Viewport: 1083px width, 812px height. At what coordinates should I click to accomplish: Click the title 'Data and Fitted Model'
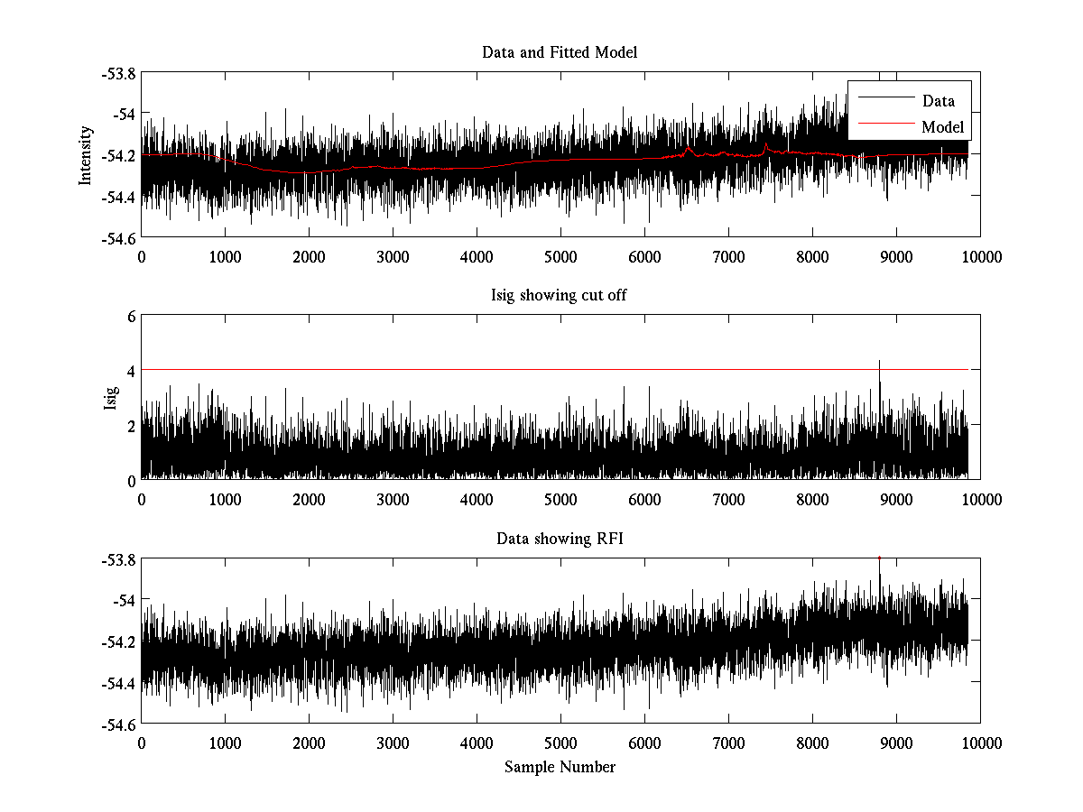560,52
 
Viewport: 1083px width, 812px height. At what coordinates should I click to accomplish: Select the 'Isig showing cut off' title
560,296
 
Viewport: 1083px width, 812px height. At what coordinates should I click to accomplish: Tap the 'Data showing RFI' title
560,540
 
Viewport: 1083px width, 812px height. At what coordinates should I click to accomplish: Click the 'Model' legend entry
942,127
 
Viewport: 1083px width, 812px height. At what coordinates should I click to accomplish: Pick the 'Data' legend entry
938,101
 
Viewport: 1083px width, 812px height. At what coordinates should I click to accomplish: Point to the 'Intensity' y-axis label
86,155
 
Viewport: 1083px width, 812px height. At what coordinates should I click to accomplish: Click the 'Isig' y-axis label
111,398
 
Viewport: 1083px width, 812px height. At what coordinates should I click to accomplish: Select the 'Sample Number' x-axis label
560,767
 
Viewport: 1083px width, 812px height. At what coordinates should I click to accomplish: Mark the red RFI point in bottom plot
879,558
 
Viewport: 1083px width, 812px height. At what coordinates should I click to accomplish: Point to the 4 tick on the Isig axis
131,371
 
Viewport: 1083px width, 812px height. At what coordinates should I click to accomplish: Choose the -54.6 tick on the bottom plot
118,724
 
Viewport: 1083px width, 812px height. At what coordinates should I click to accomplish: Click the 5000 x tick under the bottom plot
560,743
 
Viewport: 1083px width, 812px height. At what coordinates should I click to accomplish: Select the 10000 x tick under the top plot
980,256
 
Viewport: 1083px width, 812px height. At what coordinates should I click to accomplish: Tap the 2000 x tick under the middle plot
309,500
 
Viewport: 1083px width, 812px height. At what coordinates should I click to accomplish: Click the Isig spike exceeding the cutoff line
879,364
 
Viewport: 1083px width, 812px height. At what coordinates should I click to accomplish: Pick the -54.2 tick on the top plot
118,155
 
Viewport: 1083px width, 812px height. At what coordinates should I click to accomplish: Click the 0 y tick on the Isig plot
131,480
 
